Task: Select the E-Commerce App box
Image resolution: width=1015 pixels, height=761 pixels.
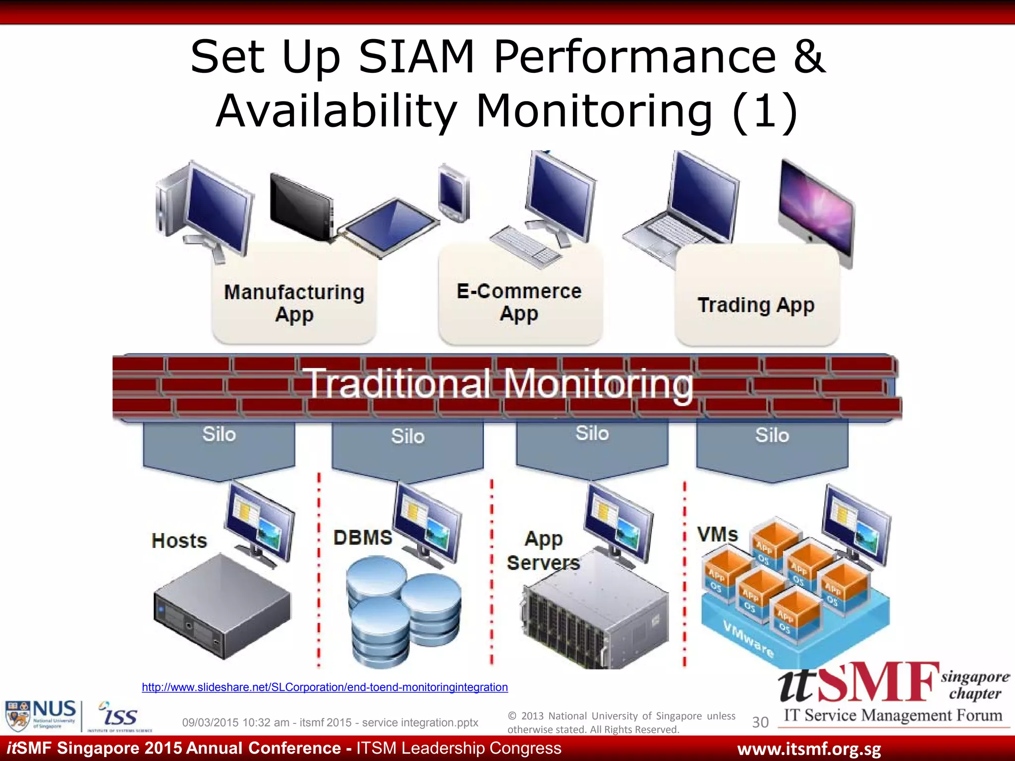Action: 519,302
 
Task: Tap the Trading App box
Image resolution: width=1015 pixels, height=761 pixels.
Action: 756,305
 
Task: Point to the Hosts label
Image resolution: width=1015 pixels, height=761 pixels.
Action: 179,541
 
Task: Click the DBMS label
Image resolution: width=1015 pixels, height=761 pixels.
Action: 363,538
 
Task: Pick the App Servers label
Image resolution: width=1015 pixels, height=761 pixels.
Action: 544,550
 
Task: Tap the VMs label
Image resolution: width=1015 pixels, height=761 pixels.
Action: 718,535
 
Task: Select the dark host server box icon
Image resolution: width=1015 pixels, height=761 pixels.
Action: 222,605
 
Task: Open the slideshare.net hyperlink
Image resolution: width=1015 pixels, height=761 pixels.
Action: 325,687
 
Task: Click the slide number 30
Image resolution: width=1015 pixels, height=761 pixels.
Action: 760,722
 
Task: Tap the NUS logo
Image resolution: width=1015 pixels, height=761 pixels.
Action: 41,715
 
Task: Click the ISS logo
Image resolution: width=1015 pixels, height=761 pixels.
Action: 119,715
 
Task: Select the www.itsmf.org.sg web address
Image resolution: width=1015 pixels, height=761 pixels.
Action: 809,749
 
